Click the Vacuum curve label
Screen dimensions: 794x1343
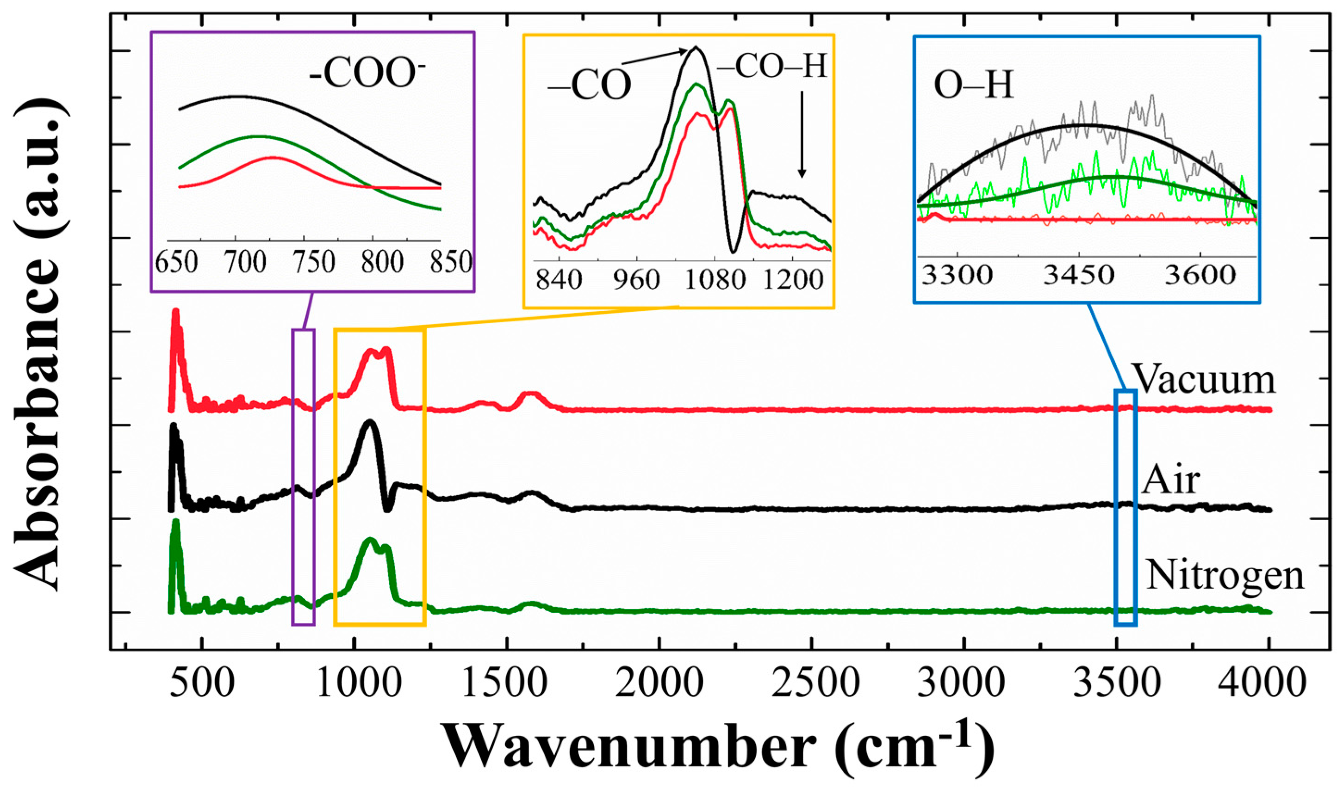point(1204,379)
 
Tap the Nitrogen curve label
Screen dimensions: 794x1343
point(1225,576)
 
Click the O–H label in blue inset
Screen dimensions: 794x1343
point(973,86)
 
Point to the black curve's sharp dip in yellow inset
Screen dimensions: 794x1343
point(733,250)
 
